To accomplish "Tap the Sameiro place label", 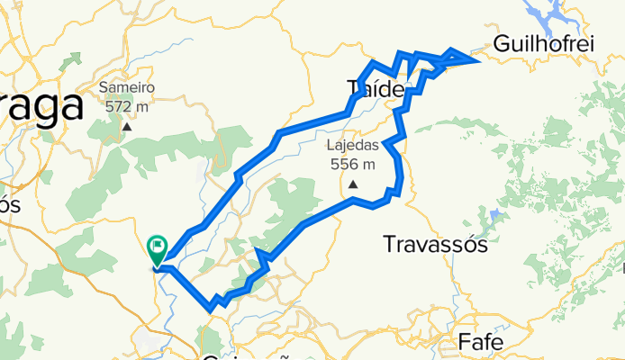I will click(x=127, y=88).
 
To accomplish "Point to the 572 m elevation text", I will click(x=127, y=107).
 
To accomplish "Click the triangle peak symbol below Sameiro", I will click(x=127, y=127).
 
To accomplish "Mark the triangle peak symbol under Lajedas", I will click(x=353, y=185).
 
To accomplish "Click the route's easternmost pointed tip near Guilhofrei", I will click(x=476, y=58).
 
